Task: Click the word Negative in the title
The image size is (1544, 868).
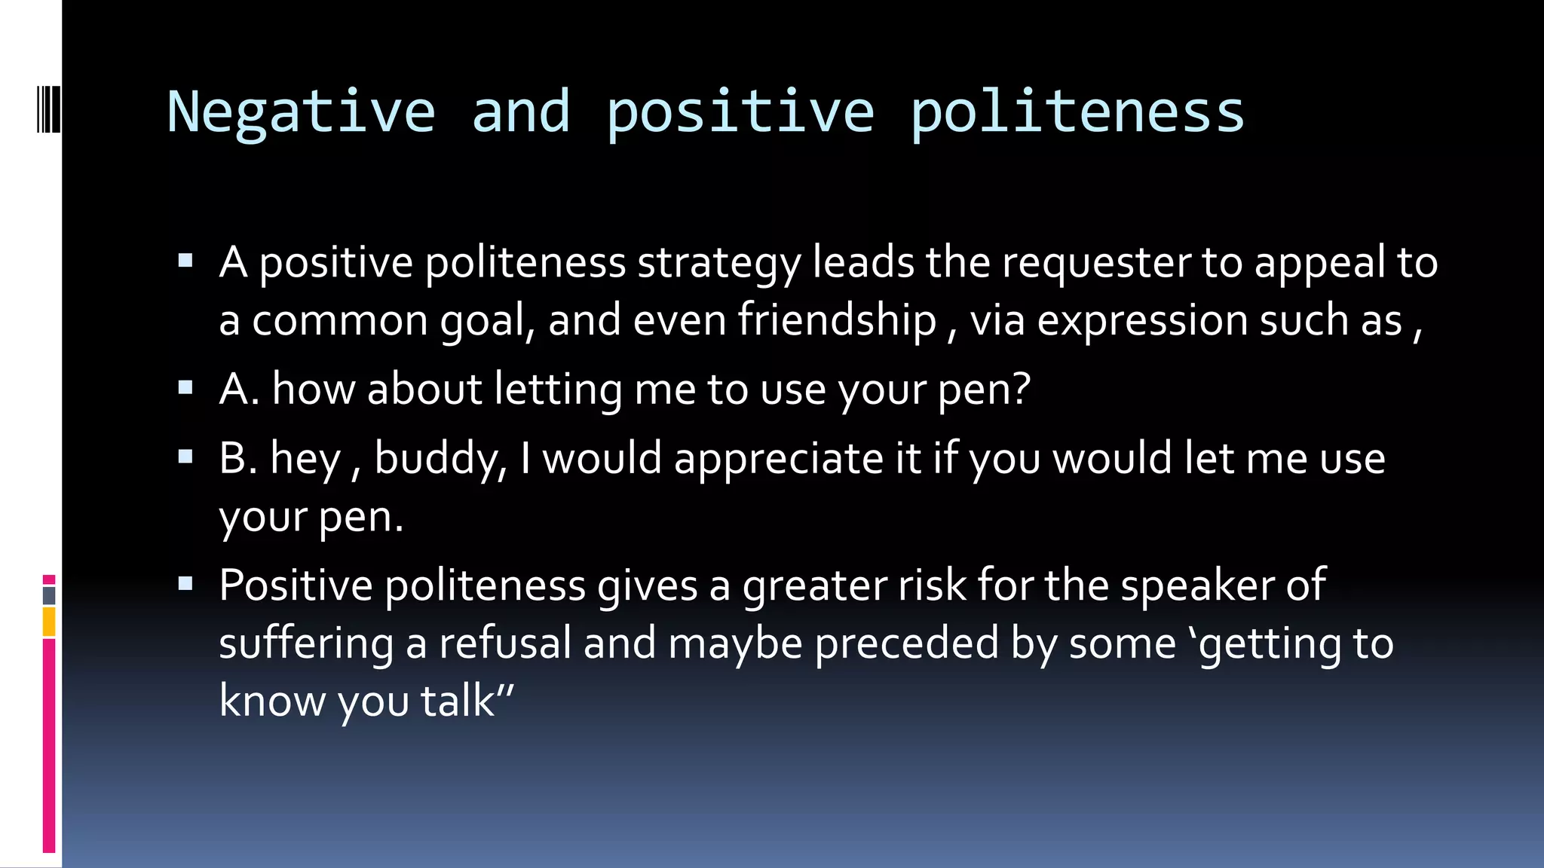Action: pos(301,112)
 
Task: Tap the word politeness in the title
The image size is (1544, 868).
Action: pos(1077,112)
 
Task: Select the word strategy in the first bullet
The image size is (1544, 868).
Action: pos(718,263)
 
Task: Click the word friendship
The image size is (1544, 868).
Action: pos(837,320)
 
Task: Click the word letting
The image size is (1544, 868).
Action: pos(558,390)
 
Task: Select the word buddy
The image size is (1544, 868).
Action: pos(439,459)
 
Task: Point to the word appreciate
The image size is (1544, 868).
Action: pos(779,459)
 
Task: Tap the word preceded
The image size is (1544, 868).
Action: pos(906,643)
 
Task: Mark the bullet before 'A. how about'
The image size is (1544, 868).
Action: pos(185,388)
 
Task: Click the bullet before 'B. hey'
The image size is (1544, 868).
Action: pos(185,457)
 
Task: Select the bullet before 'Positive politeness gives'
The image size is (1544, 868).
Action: pos(185,583)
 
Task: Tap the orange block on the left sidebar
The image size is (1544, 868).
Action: pos(49,622)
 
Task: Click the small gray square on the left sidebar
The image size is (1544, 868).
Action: pos(49,595)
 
